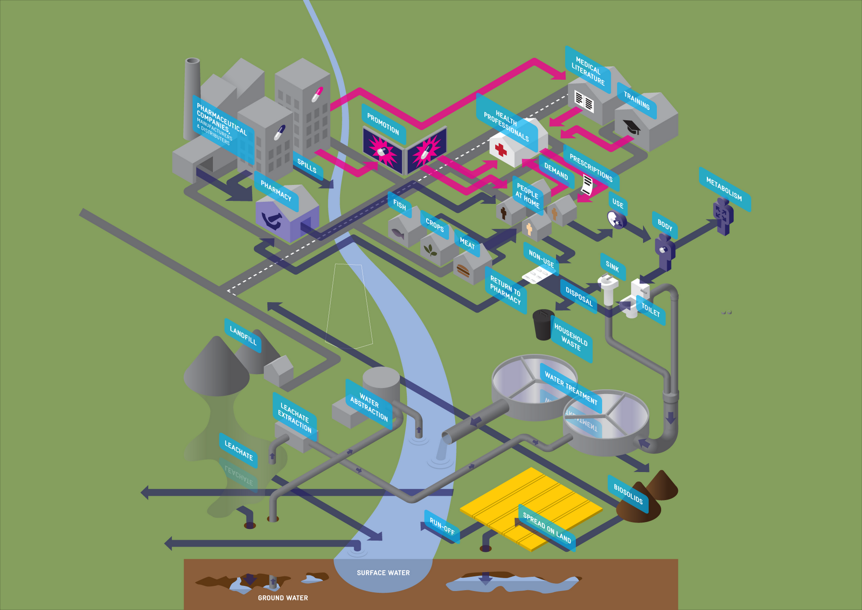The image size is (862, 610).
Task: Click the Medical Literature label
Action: point(588,71)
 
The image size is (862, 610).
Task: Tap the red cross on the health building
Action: point(501,149)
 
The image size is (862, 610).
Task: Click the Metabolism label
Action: point(724,189)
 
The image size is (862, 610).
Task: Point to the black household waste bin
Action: point(543,324)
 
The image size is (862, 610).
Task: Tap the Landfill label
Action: point(243,335)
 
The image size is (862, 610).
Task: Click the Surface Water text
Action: point(383,573)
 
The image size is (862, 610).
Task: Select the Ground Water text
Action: point(283,598)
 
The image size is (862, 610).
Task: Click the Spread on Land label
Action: point(546,528)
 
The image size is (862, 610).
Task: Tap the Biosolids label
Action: point(628,494)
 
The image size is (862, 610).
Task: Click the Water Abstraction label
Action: point(369,405)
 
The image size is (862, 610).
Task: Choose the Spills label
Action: point(307,166)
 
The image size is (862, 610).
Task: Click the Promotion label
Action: point(383,124)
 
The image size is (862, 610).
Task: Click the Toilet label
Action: point(650,309)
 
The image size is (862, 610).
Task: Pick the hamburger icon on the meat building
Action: point(463,269)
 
